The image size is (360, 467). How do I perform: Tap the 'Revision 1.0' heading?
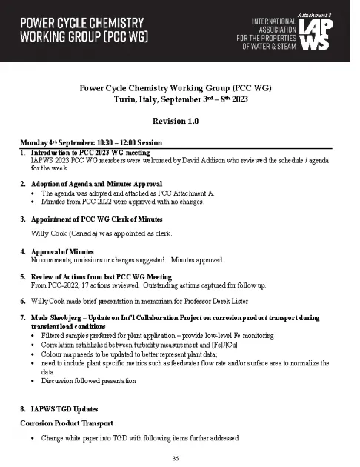(x=179, y=121)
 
